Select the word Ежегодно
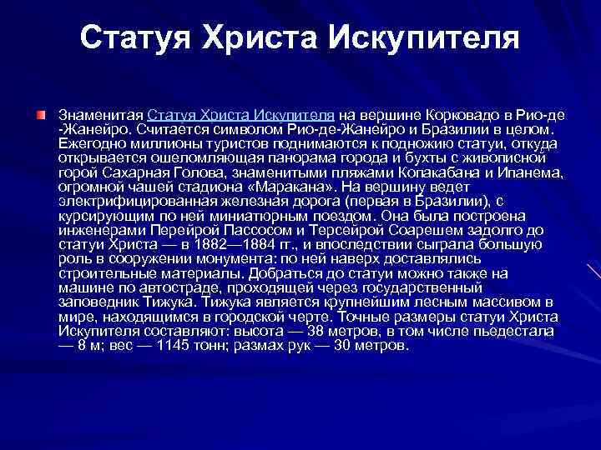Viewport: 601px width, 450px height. click(89, 143)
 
